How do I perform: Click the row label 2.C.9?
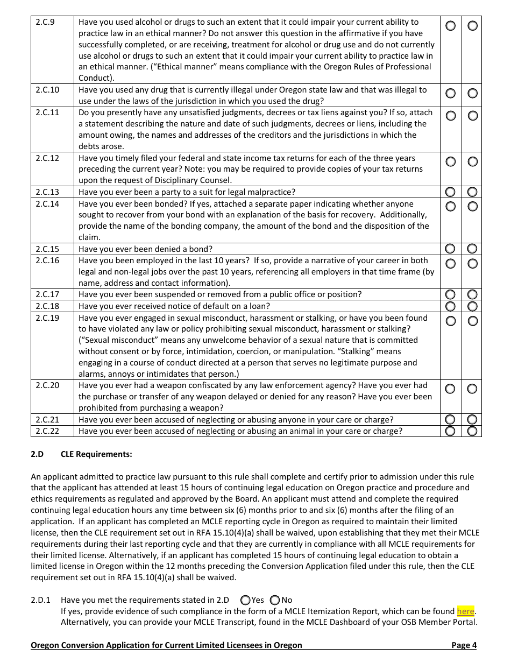point(45,23)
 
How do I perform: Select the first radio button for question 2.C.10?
point(450,94)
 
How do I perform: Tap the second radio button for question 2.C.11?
point(472,116)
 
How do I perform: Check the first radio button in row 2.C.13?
point(450,192)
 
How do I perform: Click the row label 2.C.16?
point(47,260)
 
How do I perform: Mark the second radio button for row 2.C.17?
point(472,294)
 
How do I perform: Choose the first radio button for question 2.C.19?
point(450,321)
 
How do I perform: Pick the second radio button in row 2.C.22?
point(472,431)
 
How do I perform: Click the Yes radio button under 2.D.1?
point(246,600)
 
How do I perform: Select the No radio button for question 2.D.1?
point(275,600)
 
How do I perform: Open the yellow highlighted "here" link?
point(465,611)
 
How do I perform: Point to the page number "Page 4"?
point(464,645)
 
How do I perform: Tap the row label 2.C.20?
point(47,385)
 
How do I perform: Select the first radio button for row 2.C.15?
point(450,249)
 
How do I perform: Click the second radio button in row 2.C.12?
point(472,161)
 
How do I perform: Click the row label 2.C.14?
point(47,204)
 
